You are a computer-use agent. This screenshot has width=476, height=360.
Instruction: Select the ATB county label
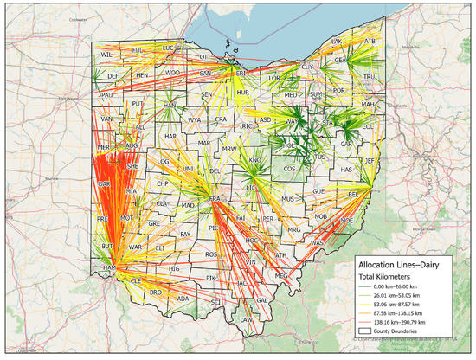[370, 41]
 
